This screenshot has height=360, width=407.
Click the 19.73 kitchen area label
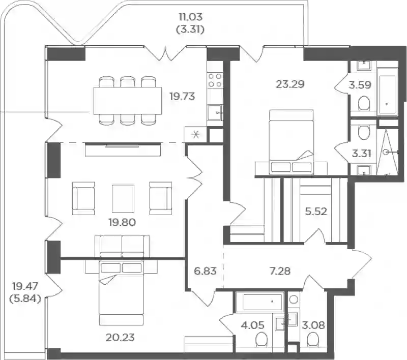(x=182, y=97)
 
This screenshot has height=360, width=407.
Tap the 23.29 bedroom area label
(x=290, y=84)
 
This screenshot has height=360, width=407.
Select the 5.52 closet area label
(x=316, y=212)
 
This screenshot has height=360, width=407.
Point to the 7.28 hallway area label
(x=280, y=271)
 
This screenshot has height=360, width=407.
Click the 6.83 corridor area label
(x=205, y=271)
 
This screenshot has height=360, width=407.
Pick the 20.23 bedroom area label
(x=120, y=338)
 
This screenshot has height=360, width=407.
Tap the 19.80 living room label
(x=122, y=222)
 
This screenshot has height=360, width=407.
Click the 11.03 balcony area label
(x=190, y=17)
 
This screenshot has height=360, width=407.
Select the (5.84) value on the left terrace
(x=25, y=299)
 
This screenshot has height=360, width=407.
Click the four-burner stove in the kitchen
(x=215, y=80)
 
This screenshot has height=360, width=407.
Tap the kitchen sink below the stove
(x=215, y=112)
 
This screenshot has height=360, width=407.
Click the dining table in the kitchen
(x=128, y=101)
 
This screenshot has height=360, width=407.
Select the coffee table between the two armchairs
(x=123, y=198)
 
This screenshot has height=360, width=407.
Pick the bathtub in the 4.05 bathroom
(x=259, y=302)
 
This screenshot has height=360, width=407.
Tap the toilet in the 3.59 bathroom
(x=364, y=104)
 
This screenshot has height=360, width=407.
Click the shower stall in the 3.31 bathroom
(x=387, y=152)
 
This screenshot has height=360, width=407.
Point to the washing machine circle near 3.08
(x=294, y=299)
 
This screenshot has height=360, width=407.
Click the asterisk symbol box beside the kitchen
(x=196, y=134)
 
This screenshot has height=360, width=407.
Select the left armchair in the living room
(x=83, y=198)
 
